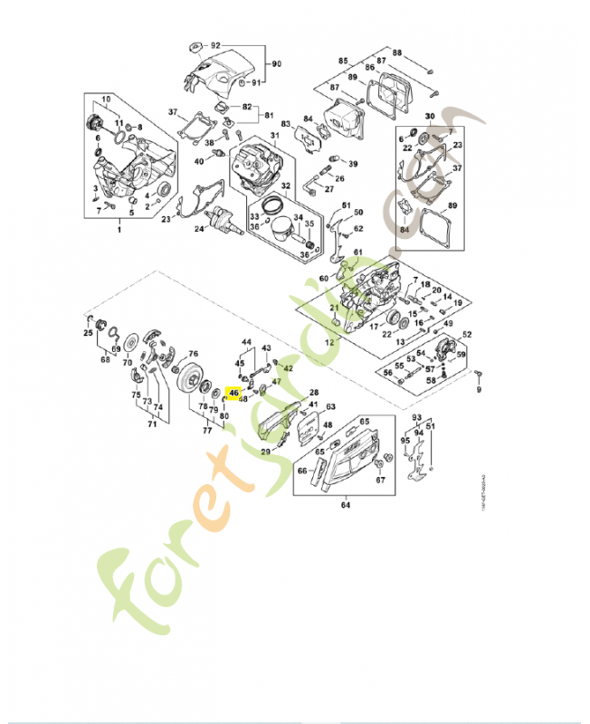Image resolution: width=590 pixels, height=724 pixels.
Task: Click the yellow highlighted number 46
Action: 233,393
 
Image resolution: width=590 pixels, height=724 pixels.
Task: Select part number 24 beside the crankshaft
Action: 198,229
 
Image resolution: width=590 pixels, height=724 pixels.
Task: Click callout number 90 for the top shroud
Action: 277,63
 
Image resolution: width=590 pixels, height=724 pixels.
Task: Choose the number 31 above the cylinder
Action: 274,136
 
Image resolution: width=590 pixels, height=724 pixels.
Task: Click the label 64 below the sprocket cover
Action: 345,505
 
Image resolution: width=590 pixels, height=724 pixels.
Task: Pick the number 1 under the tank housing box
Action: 118,232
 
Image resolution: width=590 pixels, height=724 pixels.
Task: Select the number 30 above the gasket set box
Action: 430,117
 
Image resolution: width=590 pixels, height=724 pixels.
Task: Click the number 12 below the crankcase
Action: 329,345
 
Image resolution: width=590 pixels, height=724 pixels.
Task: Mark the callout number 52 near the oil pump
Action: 468,335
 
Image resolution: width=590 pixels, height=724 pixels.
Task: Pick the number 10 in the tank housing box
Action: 105,99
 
